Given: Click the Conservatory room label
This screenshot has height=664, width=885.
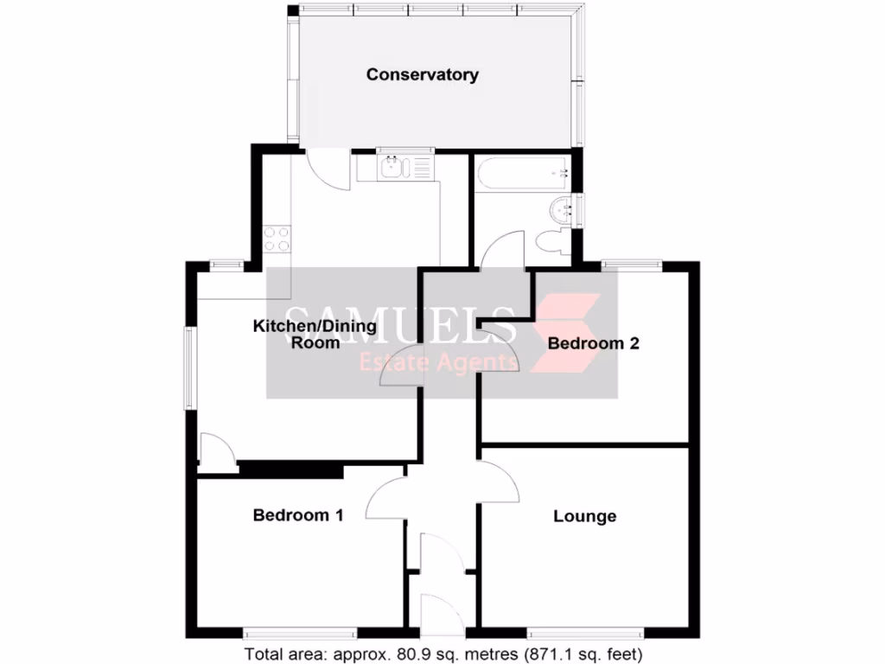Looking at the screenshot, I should tap(422, 74).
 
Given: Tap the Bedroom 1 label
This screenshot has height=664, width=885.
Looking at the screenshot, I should tap(298, 515).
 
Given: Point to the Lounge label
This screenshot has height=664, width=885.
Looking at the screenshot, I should tap(584, 517).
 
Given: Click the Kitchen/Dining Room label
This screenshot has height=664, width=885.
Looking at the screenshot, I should tap(314, 334).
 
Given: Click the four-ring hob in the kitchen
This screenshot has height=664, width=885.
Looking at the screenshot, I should tap(277, 239).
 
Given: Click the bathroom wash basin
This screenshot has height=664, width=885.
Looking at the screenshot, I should tap(563, 209).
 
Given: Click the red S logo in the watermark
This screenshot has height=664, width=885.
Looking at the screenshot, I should tap(566, 333).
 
